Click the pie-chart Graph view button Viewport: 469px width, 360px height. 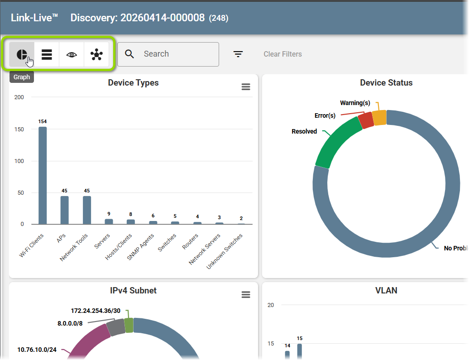click(x=22, y=54)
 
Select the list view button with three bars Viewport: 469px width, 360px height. click(x=47, y=54)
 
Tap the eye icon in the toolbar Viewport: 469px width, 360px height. click(x=72, y=54)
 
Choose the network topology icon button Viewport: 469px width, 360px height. click(x=96, y=54)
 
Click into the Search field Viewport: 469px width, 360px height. click(x=168, y=54)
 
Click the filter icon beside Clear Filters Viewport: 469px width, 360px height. click(x=238, y=54)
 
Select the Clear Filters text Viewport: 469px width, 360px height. click(x=282, y=54)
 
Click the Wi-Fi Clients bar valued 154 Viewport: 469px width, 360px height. click(x=43, y=175)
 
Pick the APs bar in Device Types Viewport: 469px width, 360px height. click(x=65, y=210)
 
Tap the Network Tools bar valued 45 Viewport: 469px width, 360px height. click(x=87, y=210)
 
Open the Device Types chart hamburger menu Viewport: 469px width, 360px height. click(x=246, y=87)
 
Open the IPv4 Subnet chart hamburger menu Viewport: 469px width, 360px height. click(x=246, y=295)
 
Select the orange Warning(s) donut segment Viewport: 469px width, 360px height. click(x=379, y=118)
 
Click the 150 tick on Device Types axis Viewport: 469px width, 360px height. click(x=19, y=129)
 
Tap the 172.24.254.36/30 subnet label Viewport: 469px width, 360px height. click(x=96, y=311)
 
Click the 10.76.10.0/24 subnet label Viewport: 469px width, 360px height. click(x=37, y=350)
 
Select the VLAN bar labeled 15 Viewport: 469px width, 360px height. click(x=300, y=351)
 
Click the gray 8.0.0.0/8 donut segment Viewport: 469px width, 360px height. click(x=116, y=327)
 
